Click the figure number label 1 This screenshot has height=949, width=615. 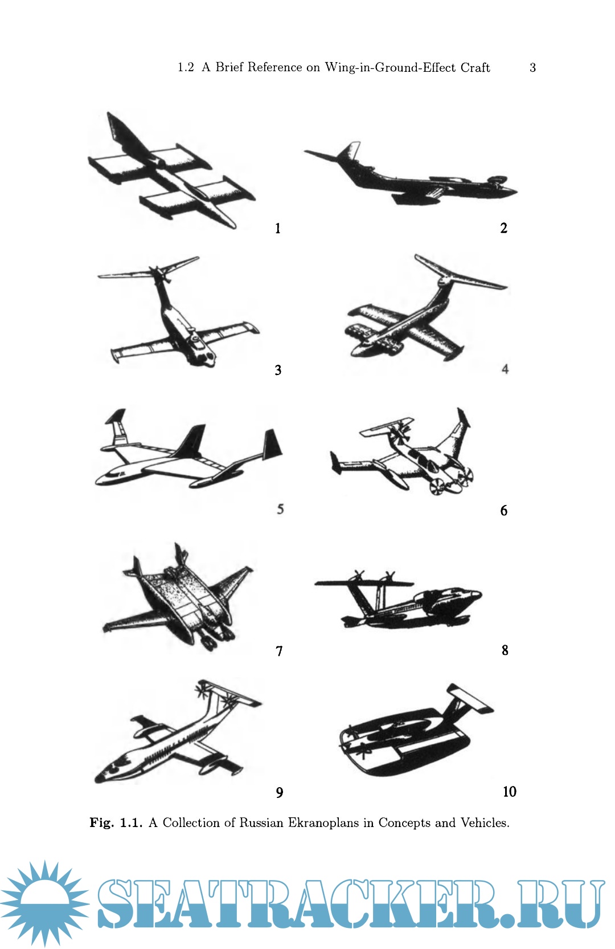tap(278, 229)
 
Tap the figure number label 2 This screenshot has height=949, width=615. tap(504, 228)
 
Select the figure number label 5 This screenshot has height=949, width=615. tap(280, 509)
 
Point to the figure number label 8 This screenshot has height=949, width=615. tap(505, 650)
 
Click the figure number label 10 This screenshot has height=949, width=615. tap(510, 791)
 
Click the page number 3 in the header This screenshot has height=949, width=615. tap(532, 68)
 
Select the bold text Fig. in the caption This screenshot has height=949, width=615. tap(101, 823)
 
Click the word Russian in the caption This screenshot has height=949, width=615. tap(261, 822)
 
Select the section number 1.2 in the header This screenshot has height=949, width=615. tap(186, 68)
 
